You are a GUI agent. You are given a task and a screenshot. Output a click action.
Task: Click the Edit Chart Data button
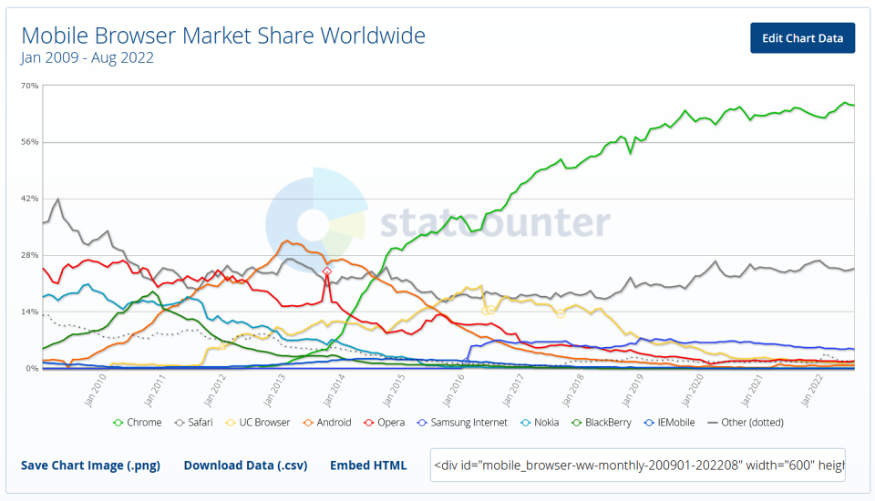pyautogui.click(x=802, y=38)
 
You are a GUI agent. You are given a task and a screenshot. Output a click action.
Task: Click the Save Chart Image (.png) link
pyautogui.click(x=90, y=465)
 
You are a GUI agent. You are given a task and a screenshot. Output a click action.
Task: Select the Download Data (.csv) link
pyautogui.click(x=245, y=465)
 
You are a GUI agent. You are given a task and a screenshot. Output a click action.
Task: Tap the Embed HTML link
pyautogui.click(x=368, y=465)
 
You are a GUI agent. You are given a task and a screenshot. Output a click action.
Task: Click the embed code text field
pyautogui.click(x=637, y=465)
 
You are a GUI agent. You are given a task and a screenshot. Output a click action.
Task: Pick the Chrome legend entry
pyautogui.click(x=138, y=423)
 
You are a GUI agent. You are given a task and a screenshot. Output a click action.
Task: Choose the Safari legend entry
pyautogui.click(x=193, y=423)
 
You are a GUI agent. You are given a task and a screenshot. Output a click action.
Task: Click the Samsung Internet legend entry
pyautogui.click(x=462, y=423)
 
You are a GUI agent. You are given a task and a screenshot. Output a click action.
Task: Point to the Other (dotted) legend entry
pyautogui.click(x=745, y=423)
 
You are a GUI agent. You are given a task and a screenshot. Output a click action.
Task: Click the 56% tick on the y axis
pyautogui.click(x=30, y=142)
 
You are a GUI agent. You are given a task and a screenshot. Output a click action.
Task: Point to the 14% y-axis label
pyautogui.click(x=30, y=312)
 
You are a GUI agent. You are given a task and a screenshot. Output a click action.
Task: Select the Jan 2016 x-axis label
pyautogui.click(x=454, y=390)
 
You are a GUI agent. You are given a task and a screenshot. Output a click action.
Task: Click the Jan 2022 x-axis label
pyautogui.click(x=812, y=390)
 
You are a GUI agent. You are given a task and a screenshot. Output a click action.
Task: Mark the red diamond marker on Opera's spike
pyautogui.click(x=327, y=271)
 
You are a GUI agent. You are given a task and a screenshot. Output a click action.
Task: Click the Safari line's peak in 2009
pyautogui.click(x=58, y=199)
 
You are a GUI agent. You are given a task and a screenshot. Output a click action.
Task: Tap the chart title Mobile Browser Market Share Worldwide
pyautogui.click(x=223, y=36)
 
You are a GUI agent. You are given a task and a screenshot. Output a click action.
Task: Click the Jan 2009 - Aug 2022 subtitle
pyautogui.click(x=87, y=57)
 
